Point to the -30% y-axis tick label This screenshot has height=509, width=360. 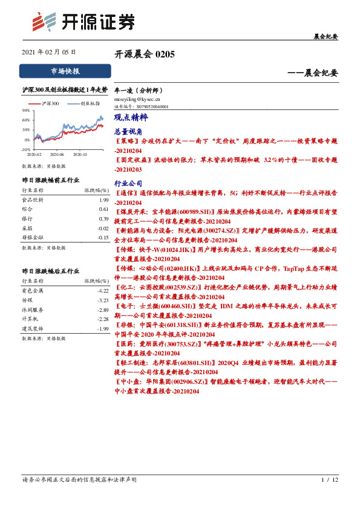(25, 149)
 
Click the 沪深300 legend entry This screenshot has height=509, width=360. (50, 104)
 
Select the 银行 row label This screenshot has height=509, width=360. (27, 218)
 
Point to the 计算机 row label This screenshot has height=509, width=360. (30, 319)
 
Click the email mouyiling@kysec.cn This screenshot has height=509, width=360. (137, 98)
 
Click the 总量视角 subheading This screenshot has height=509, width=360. (128, 131)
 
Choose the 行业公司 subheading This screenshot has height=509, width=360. (128, 183)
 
